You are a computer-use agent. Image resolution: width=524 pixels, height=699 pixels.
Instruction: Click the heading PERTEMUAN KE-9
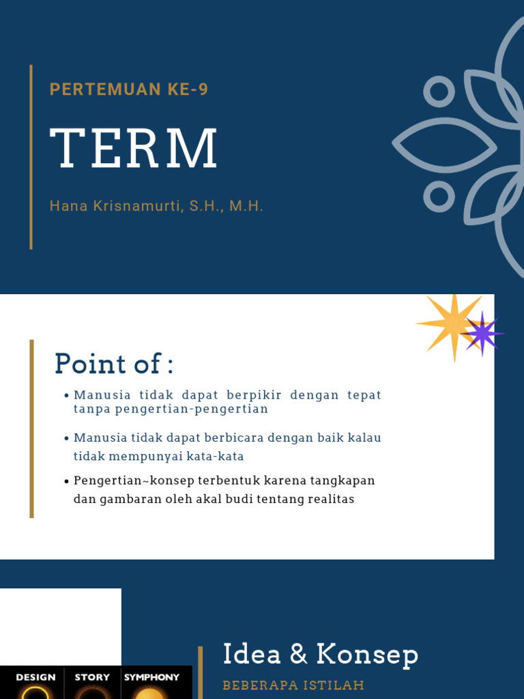129,89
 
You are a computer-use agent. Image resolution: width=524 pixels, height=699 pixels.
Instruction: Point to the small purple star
483,333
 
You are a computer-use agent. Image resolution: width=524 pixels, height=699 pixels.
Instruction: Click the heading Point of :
114,364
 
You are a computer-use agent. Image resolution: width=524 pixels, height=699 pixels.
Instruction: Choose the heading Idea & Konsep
321,655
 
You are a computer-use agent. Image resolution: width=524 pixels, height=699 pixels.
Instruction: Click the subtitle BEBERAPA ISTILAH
293,685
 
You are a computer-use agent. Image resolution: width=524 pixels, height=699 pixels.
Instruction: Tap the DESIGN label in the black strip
35,677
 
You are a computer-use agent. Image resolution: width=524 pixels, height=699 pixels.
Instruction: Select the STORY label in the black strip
92,677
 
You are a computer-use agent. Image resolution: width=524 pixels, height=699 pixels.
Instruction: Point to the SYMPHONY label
151,677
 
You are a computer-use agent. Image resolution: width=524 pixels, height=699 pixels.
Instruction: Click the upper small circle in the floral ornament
439,91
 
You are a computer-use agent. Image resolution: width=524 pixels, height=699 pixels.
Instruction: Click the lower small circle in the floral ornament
439,197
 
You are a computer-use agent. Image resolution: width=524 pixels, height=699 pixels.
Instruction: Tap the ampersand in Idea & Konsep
298,655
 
